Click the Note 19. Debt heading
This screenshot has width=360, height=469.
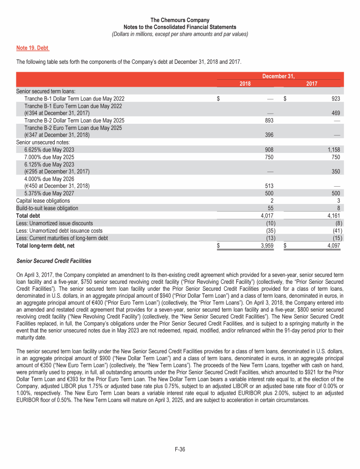(x=33, y=48)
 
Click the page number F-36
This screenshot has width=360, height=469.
(x=180, y=450)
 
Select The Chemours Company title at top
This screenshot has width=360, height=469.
(x=180, y=20)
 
